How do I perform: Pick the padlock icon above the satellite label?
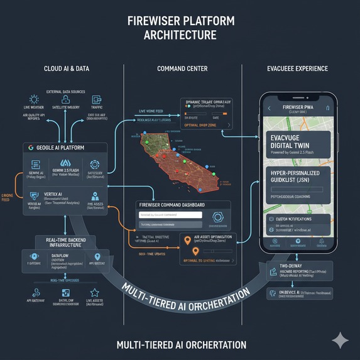coord(65,99)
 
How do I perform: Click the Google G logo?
coord(30,148)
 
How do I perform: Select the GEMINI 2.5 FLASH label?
coord(65,170)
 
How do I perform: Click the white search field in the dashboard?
coord(170,215)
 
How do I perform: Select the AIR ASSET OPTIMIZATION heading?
coord(213,237)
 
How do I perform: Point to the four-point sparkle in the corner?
coord(340,340)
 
